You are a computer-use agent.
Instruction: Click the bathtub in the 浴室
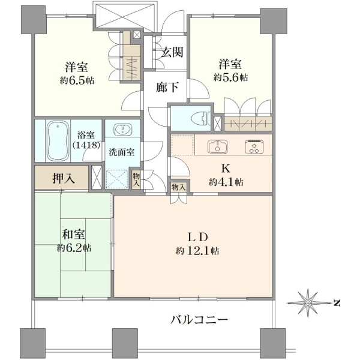click(58, 141)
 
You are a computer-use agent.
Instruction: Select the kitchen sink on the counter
click(217, 146)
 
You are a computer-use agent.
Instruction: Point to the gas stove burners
click(254, 146)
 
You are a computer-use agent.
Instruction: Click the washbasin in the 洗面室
click(123, 129)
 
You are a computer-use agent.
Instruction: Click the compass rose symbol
click(308, 303)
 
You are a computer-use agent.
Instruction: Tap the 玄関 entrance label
click(172, 52)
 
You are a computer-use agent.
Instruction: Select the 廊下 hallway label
click(167, 87)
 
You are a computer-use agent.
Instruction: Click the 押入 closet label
click(64, 178)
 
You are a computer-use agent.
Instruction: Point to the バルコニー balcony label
click(199, 320)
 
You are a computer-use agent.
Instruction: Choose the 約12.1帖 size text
click(197, 251)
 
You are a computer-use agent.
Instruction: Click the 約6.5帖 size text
click(77, 80)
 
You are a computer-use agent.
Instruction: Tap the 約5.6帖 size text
click(230, 77)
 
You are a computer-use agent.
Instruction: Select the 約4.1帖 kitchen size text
click(226, 182)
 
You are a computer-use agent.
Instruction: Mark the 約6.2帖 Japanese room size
click(74, 248)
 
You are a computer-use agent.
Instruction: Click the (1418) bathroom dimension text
click(86, 145)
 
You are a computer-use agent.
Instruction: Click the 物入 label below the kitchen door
click(179, 187)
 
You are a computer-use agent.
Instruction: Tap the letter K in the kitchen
click(226, 169)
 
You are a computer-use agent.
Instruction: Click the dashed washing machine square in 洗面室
click(116, 179)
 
